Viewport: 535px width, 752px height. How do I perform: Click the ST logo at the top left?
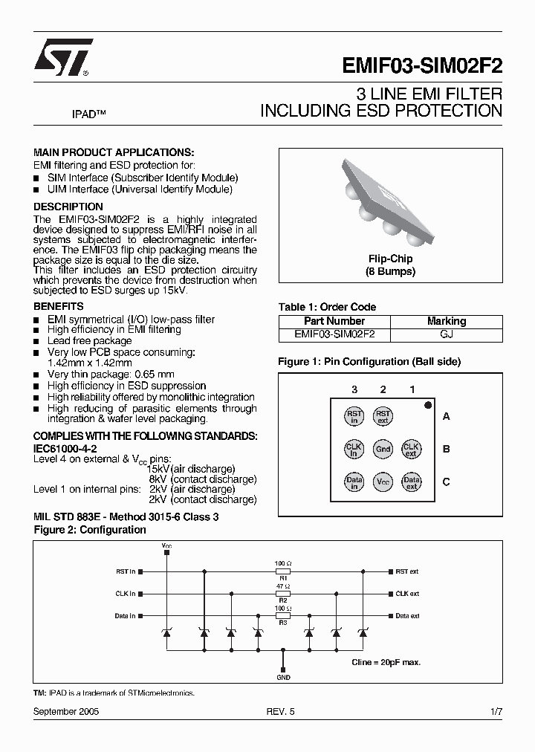coord(62,57)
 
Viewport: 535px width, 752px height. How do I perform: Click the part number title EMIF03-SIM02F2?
coord(422,65)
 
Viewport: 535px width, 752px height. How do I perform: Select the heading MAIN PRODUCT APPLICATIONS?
coord(114,152)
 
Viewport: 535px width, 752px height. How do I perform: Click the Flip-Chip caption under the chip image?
coord(390,259)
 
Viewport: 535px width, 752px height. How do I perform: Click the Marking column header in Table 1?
coord(446,321)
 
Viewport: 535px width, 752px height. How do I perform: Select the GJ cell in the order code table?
coord(446,334)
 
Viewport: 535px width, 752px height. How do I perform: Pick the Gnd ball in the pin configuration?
coord(383,449)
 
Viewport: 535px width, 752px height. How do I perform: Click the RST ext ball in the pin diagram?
coord(383,416)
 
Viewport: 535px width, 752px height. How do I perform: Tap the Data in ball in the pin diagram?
coord(354,482)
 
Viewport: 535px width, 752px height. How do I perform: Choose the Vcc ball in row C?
coord(383,482)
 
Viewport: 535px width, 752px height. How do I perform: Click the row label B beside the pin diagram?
coord(447,449)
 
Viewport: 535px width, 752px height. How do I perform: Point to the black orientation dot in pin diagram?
coord(428,405)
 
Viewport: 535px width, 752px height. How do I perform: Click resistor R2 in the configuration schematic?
coord(282,594)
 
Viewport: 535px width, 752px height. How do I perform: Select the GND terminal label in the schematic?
coord(283,677)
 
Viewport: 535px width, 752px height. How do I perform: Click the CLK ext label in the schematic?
coord(407,594)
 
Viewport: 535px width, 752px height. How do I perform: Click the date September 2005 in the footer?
coord(66,711)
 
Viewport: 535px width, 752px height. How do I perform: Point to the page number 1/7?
coord(496,711)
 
